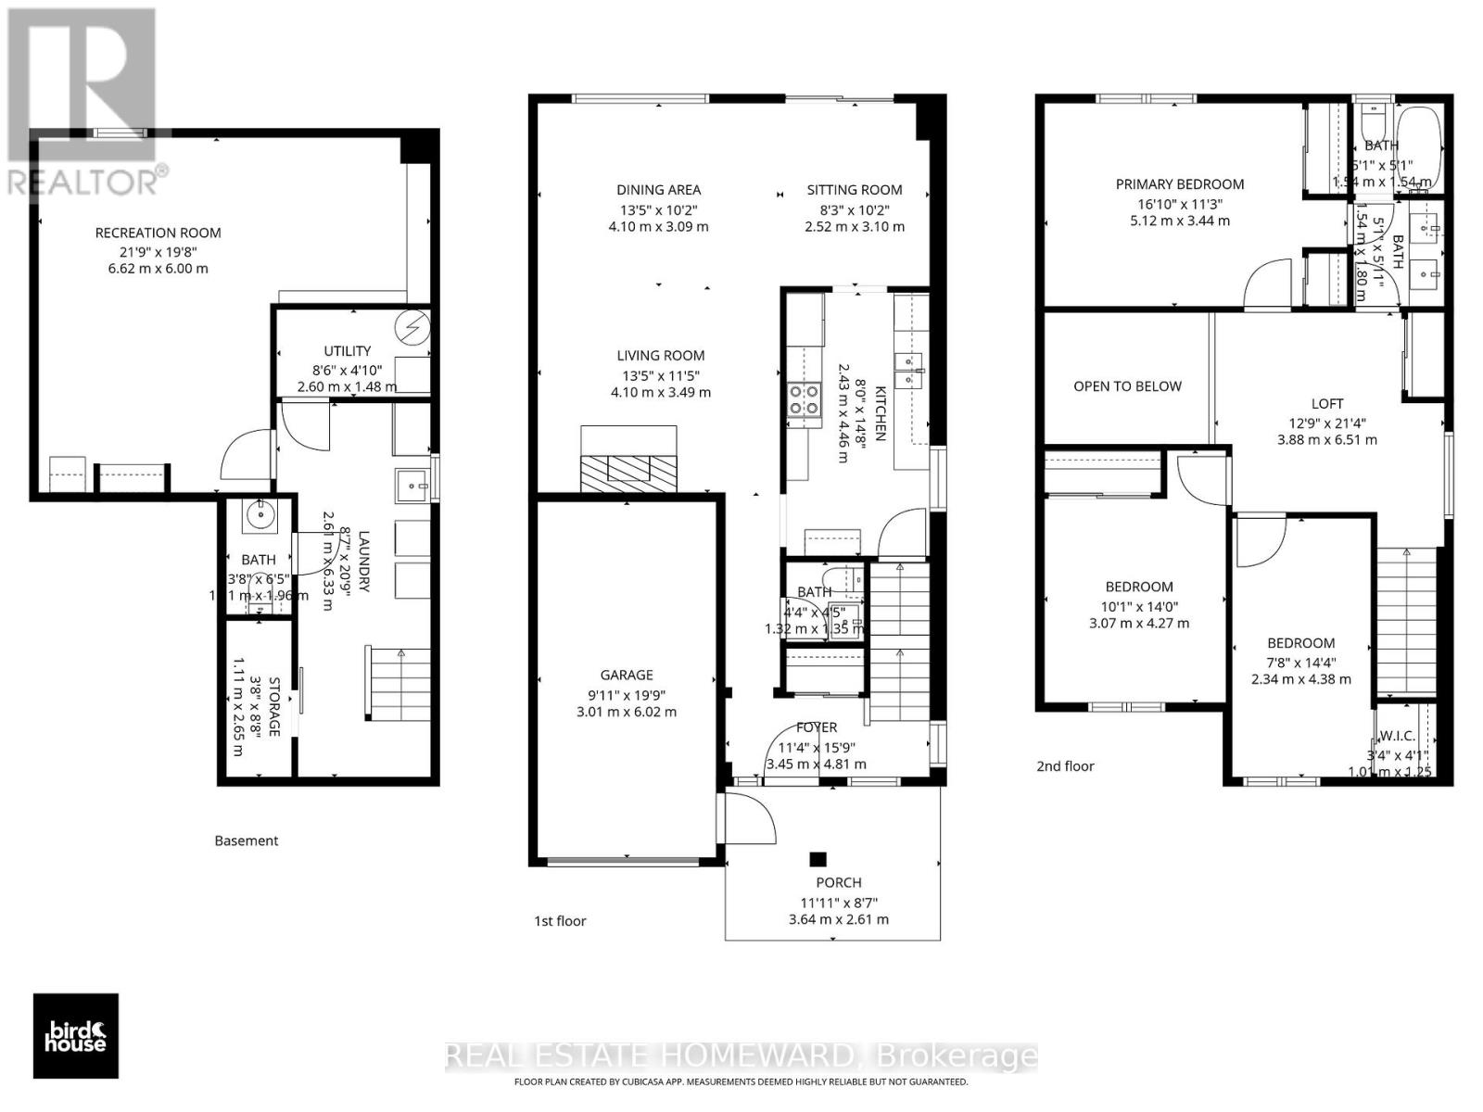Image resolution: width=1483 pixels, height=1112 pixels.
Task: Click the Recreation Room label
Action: [158, 233]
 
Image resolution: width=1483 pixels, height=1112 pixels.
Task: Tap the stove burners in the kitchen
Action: [803, 399]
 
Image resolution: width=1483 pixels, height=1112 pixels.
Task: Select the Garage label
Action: [627, 676]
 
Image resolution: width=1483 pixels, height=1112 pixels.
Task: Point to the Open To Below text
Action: [1127, 386]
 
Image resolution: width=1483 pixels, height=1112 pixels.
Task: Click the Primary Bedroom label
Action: [1179, 184]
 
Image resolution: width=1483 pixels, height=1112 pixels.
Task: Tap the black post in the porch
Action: [817, 859]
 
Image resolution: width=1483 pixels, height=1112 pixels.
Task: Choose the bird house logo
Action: [76, 1036]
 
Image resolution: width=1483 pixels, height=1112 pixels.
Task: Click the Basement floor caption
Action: [246, 841]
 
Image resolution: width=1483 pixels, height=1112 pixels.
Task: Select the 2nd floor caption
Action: [1065, 766]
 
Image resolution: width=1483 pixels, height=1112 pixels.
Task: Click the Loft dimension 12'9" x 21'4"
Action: [1326, 422]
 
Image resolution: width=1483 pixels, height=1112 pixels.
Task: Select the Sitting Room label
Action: [854, 190]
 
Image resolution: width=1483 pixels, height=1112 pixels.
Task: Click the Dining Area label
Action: [658, 190]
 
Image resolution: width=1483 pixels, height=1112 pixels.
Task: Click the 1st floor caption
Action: [560, 921]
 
